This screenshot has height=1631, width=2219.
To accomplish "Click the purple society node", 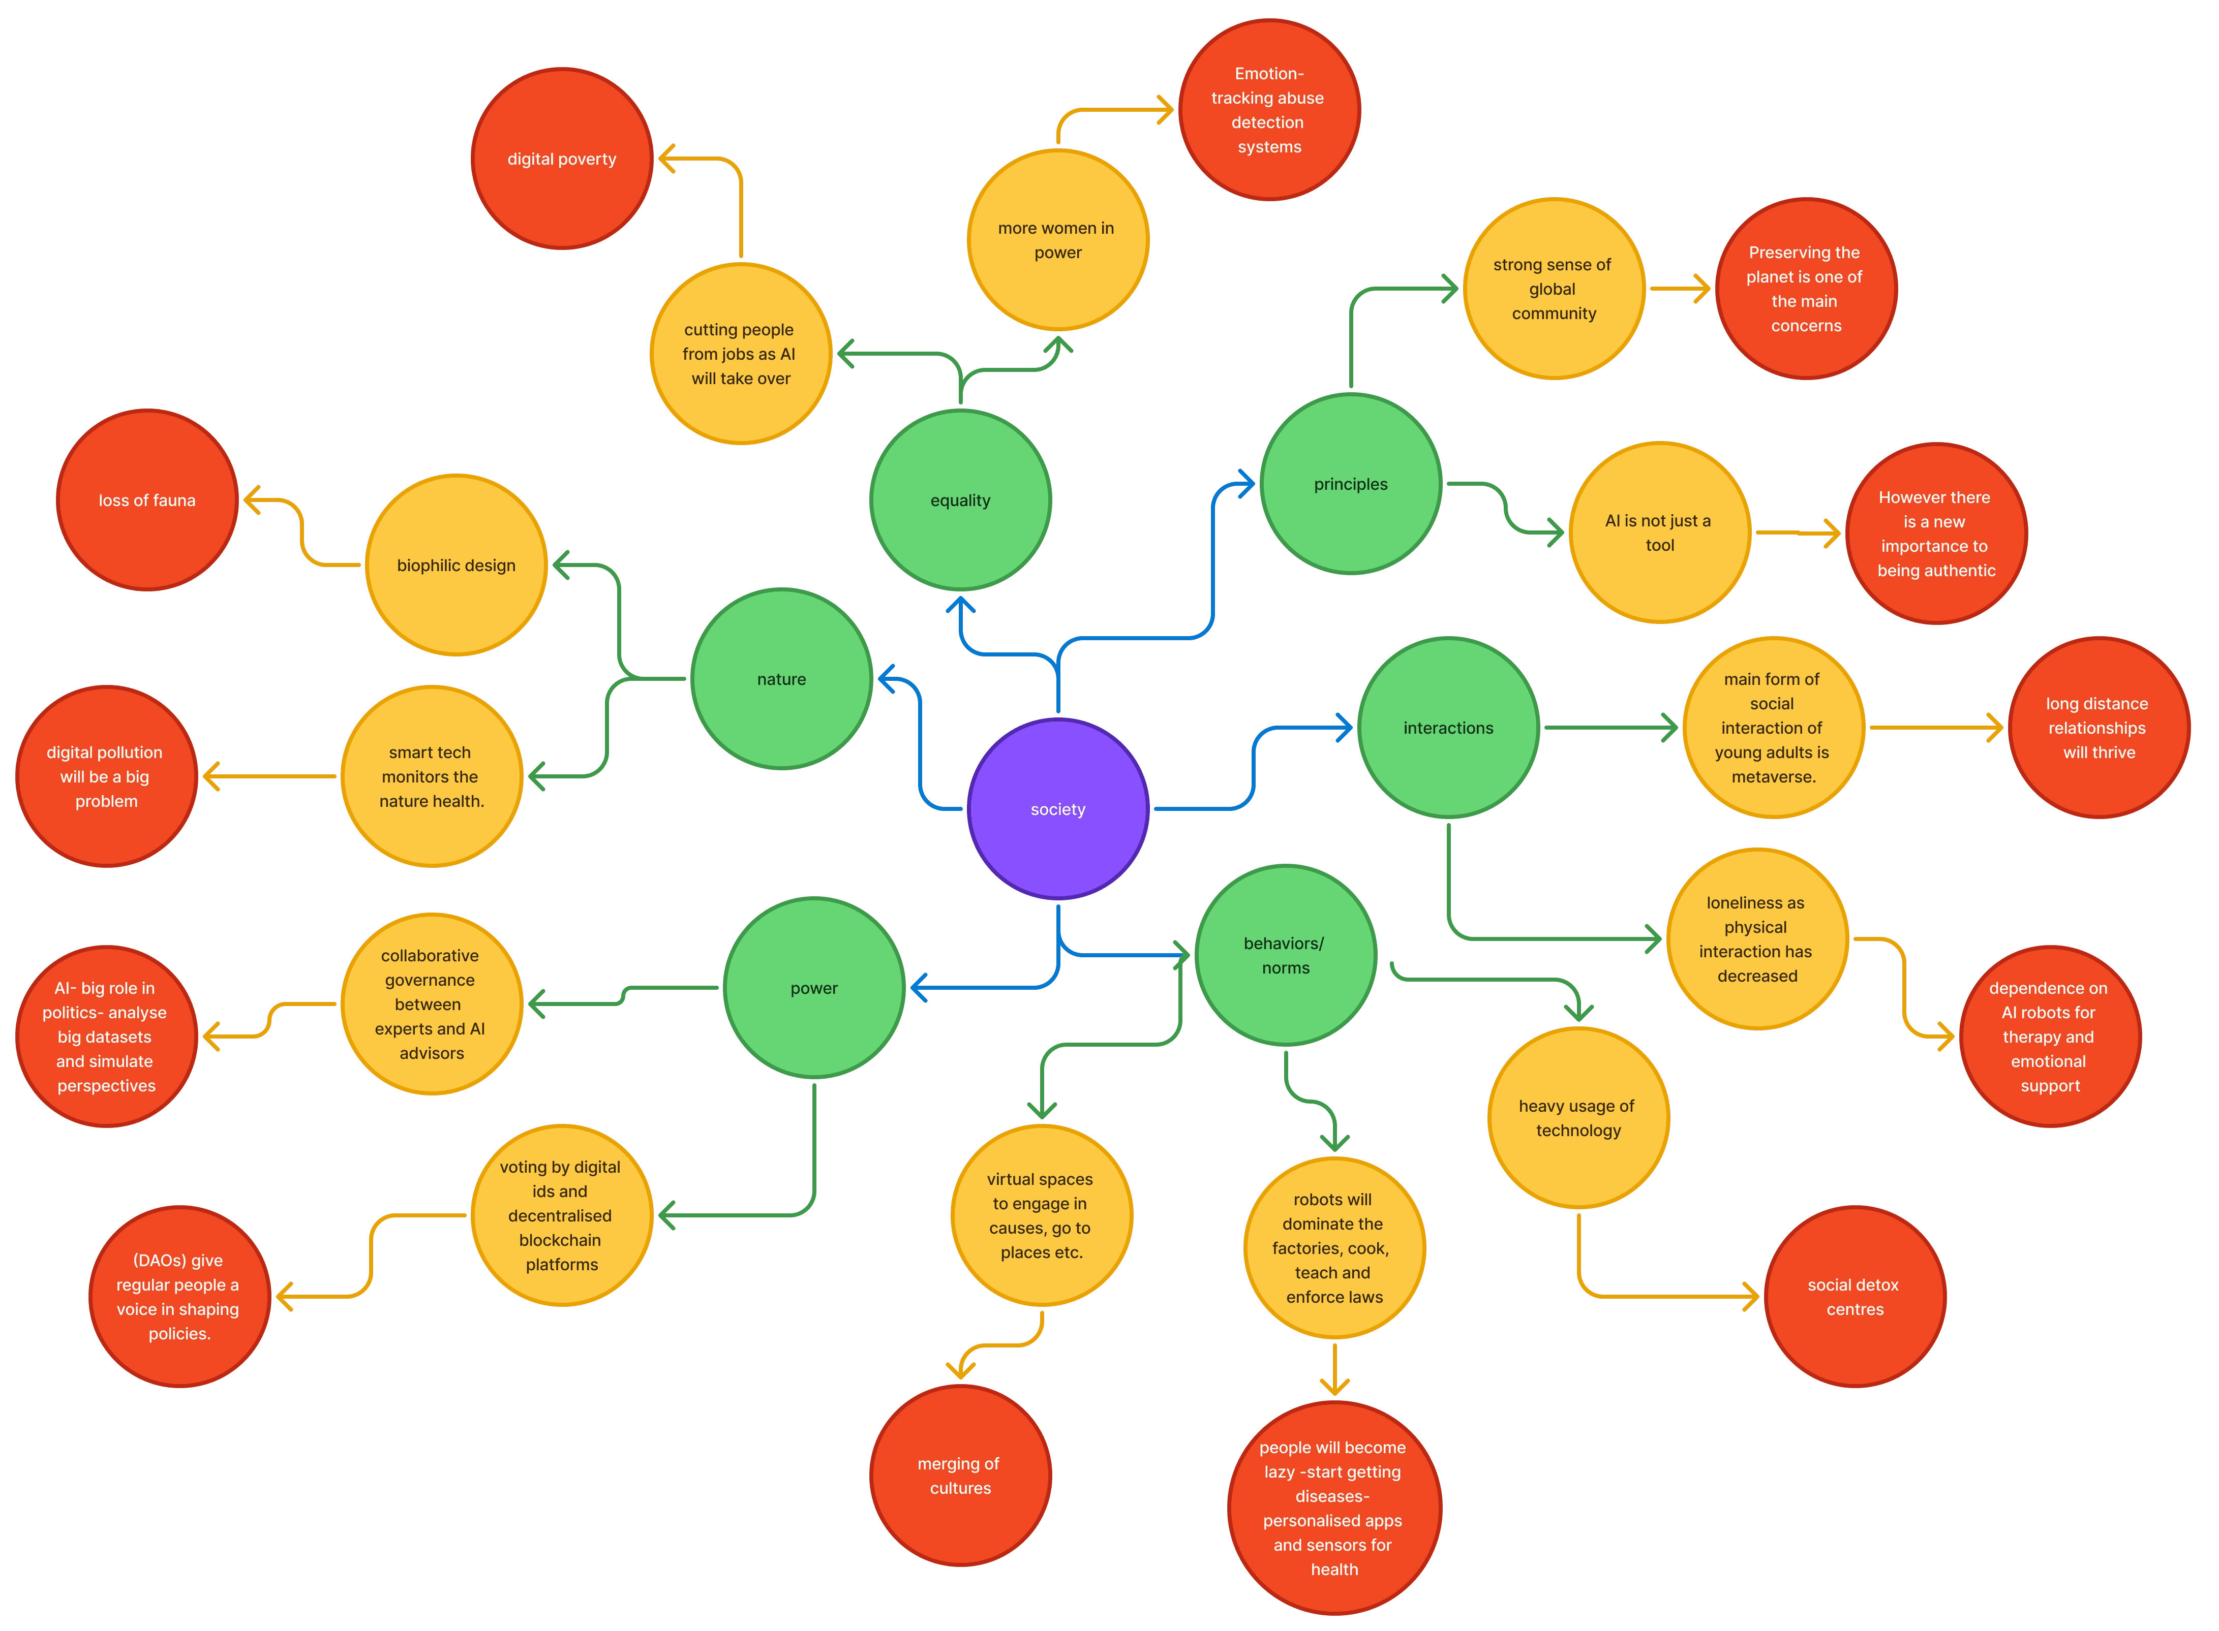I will (x=1058, y=808).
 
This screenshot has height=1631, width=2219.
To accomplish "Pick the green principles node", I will (x=1350, y=484).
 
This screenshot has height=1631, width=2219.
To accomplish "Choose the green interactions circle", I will (x=1448, y=728).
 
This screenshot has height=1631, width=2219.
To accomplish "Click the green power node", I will (x=814, y=987).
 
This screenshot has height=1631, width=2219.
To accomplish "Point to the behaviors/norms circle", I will (x=1285, y=955).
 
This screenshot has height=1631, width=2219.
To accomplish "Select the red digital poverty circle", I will (x=562, y=159).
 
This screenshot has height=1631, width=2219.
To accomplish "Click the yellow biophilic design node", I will (x=456, y=564).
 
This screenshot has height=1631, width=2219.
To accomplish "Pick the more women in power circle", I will (x=1058, y=240).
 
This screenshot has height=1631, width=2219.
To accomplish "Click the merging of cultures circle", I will (x=960, y=1475).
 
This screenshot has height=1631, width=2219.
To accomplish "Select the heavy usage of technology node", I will (x=1578, y=1118).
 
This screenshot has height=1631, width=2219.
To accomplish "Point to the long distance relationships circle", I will (x=2099, y=728).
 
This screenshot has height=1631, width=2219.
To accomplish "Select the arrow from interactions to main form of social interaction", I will (x=1609, y=728).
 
